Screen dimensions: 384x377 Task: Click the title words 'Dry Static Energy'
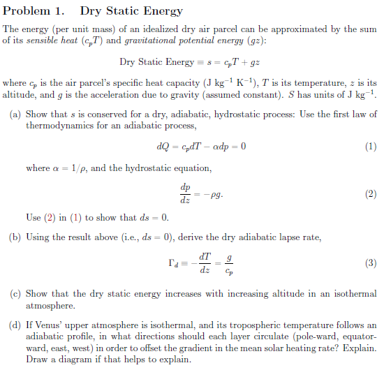131,10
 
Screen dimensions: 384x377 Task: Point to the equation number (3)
371,263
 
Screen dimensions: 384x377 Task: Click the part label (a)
15,114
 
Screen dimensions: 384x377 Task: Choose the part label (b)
15,237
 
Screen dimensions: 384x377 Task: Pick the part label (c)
15,294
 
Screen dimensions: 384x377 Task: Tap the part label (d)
15,325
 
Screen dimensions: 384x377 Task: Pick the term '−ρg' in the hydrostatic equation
216,193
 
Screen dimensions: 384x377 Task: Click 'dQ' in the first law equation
165,147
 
